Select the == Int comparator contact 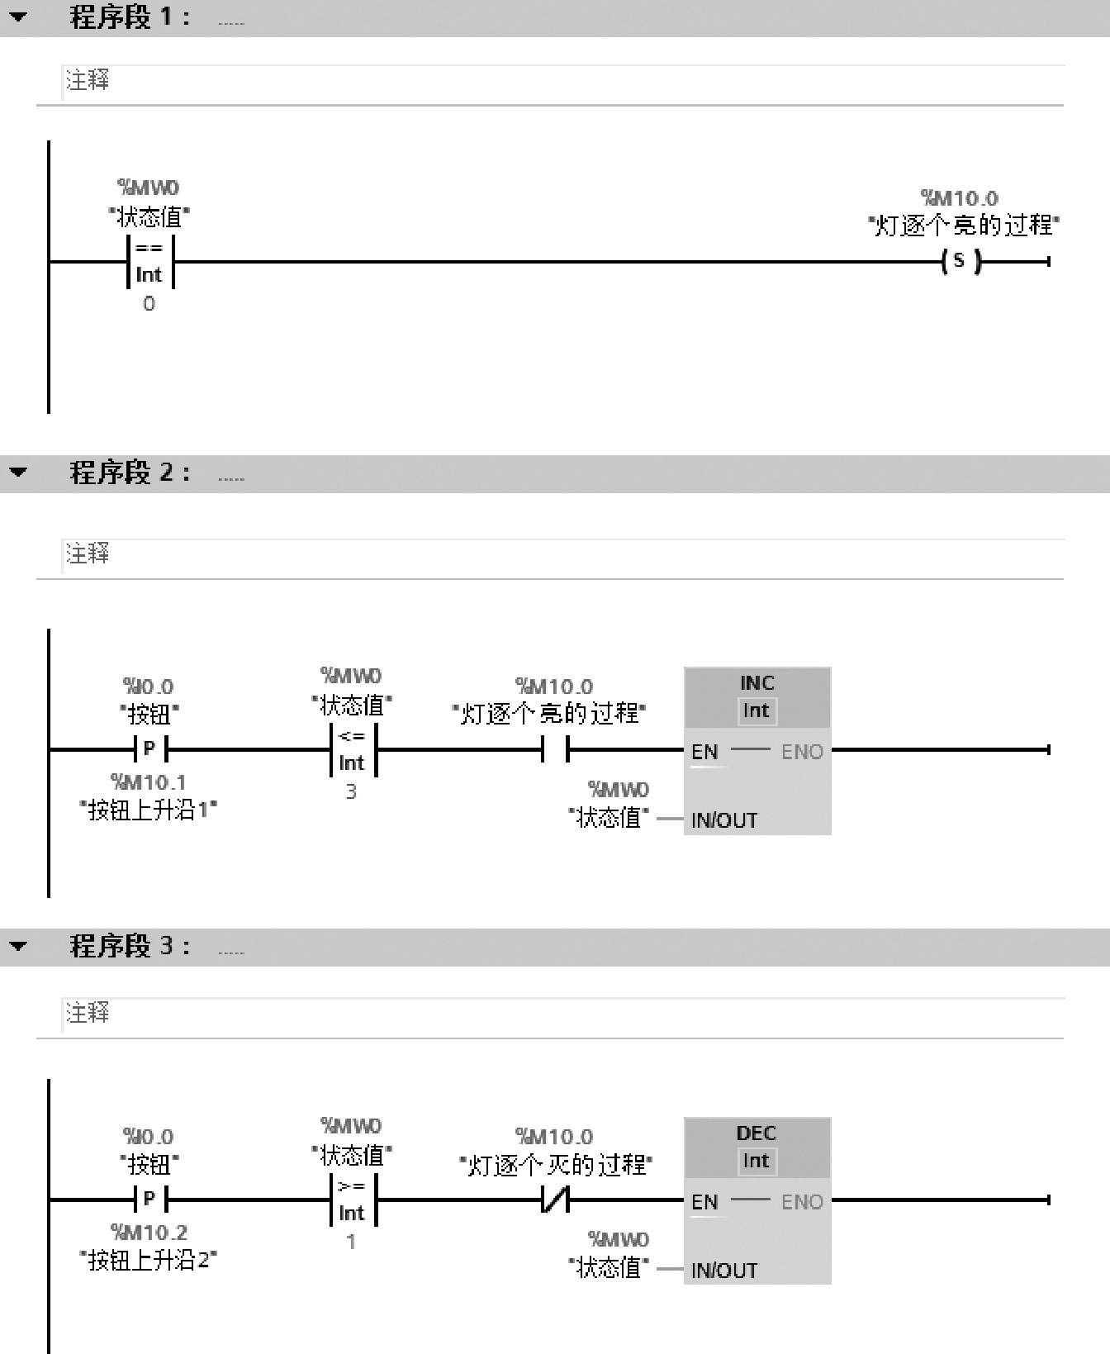(149, 262)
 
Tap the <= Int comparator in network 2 (352, 750)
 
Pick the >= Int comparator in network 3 (352, 1200)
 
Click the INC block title (757, 683)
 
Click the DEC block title (757, 1133)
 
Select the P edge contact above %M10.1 (149, 750)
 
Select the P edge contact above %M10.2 (149, 1200)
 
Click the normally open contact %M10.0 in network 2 (555, 750)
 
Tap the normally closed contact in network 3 (555, 1200)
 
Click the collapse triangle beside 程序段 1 (18, 17)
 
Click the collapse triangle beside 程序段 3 (18, 947)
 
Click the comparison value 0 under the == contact (149, 304)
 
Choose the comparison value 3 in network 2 (351, 792)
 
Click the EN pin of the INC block (704, 752)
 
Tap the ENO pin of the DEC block (802, 1202)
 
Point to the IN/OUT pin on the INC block (724, 820)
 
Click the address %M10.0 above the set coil (960, 198)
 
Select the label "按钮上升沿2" (149, 1261)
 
